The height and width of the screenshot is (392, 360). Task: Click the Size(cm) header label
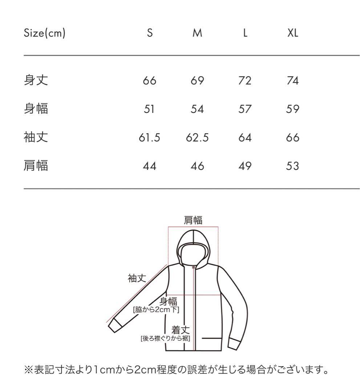coord(45,33)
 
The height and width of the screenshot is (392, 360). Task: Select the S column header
coord(150,33)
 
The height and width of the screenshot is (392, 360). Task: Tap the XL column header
coord(293,33)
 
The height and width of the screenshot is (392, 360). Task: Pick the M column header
coord(197,33)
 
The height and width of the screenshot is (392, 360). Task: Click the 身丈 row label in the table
coord(36,80)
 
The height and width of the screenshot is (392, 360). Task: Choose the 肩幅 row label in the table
coord(36,166)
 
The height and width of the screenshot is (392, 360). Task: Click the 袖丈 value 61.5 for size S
coord(149,138)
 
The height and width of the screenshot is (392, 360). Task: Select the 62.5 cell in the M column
coord(197,138)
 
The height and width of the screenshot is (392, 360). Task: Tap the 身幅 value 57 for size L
coord(245,109)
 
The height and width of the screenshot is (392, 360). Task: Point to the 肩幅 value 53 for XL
coord(293,166)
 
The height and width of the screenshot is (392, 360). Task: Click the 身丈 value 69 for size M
coord(197,81)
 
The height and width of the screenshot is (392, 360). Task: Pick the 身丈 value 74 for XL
coord(293,81)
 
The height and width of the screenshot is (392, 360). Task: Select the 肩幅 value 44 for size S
coord(149,166)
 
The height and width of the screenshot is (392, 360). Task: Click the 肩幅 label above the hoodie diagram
coord(193,220)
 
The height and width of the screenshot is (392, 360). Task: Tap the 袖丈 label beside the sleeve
coord(137,278)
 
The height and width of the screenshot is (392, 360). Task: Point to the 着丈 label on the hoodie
coord(181,330)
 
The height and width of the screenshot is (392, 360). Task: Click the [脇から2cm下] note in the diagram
coord(156,310)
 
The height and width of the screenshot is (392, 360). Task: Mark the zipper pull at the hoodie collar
coord(193,267)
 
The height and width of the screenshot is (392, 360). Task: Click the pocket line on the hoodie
coord(212,339)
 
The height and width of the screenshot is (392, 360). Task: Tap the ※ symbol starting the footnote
coord(29,370)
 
